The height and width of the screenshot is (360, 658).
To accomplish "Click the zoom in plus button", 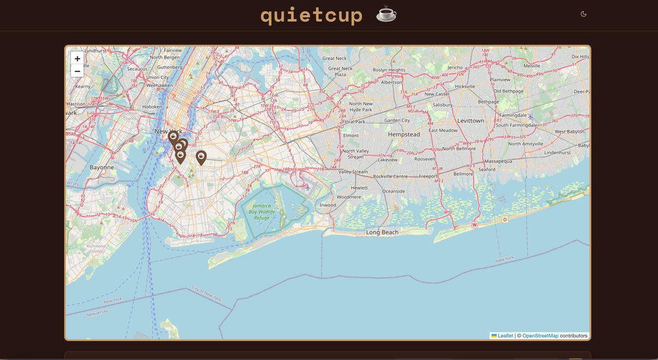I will coord(77,59).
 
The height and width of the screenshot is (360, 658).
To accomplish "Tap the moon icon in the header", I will coord(583,14).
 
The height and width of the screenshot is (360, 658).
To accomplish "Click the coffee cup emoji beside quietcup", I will coord(386,14).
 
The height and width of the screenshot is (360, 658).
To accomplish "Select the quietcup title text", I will coord(311,15).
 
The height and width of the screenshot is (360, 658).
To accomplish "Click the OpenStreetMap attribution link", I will coord(540,336).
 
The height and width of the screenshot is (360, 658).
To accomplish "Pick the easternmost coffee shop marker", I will coord(201,157).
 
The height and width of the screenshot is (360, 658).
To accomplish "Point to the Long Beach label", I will coord(382,232).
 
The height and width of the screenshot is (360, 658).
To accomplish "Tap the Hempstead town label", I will coord(404,134).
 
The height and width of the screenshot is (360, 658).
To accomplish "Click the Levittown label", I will coord(470,121).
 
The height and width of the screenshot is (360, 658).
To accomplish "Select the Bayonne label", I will coord(101,167).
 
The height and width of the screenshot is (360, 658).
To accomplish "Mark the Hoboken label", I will coord(152,107).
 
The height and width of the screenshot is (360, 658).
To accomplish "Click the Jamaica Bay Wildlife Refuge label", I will coord(262,212).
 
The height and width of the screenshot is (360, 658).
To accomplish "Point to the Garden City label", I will coord(397,121).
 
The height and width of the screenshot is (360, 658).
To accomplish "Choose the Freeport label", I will coord(428,176).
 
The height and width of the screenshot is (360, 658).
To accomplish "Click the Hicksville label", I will coord(465,87).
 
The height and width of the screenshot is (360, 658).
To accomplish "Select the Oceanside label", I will coord(393,191).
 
